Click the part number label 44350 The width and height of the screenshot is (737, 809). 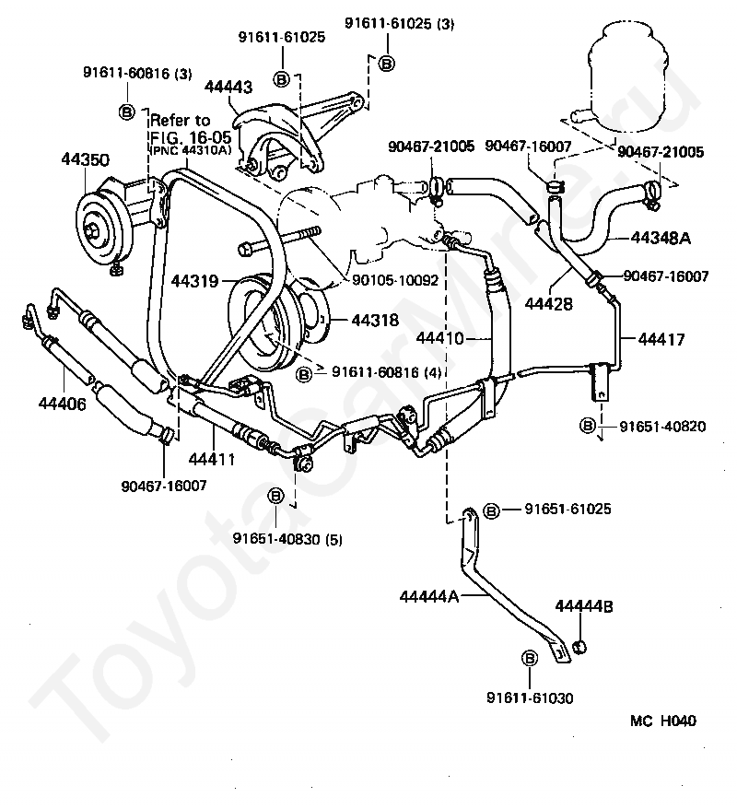tap(86, 159)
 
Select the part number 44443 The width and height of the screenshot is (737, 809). tap(228, 87)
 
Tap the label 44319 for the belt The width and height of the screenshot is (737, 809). tap(195, 281)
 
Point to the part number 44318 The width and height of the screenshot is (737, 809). tap(375, 320)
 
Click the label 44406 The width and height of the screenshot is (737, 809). tap(63, 404)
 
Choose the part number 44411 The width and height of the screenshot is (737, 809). tap(212, 459)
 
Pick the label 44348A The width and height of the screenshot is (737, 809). tap(661, 238)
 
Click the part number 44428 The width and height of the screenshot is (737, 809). tap(549, 303)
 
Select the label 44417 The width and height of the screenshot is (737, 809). tap(661, 339)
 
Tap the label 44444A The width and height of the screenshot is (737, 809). tap(429, 596)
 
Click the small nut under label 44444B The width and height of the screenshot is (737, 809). tap(579, 645)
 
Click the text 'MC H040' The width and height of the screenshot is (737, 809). tap(663, 721)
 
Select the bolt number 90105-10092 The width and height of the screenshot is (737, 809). tap(395, 280)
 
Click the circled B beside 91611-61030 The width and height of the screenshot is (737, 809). tap(530, 658)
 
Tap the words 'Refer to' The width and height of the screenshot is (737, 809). tap(180, 120)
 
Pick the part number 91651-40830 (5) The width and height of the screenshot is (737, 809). tap(287, 539)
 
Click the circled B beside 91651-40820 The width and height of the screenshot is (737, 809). tap(588, 426)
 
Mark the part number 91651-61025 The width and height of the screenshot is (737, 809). tap(567, 509)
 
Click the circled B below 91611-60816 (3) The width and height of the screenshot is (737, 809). tap(127, 111)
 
